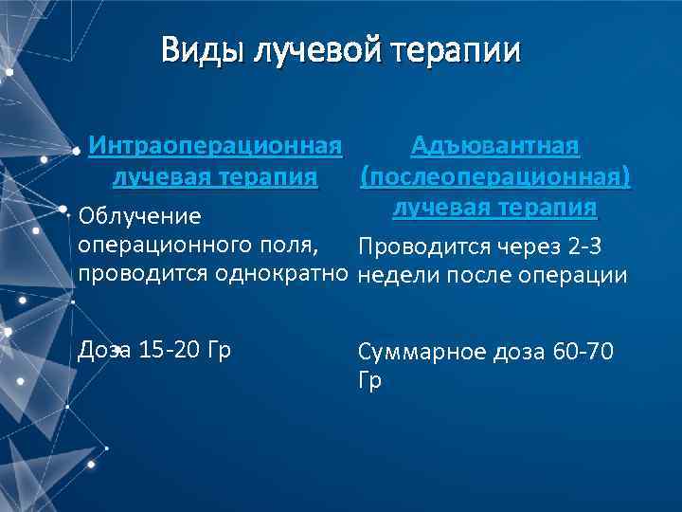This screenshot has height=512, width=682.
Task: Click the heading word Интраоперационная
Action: click(x=214, y=147)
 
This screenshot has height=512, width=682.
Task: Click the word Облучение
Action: click(x=140, y=217)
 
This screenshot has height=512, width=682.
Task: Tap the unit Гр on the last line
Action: click(x=369, y=381)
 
